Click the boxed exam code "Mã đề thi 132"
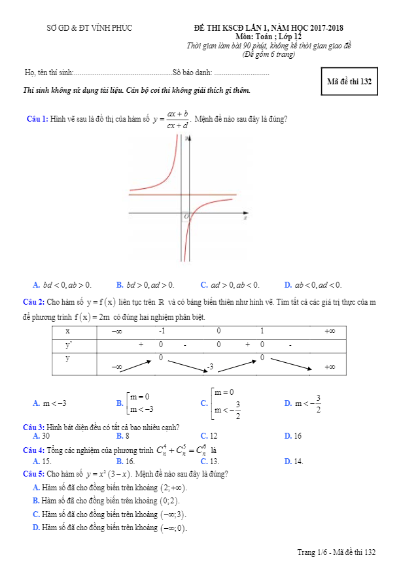(349, 82)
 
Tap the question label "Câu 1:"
(37, 119)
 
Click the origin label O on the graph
(186, 216)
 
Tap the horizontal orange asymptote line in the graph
(157, 195)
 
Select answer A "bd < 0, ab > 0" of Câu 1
(63, 284)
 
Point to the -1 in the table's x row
(161, 331)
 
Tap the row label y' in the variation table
(68, 345)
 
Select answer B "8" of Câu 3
(122, 435)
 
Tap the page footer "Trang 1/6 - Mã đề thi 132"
(336, 552)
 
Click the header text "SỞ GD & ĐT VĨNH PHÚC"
(90, 28)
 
